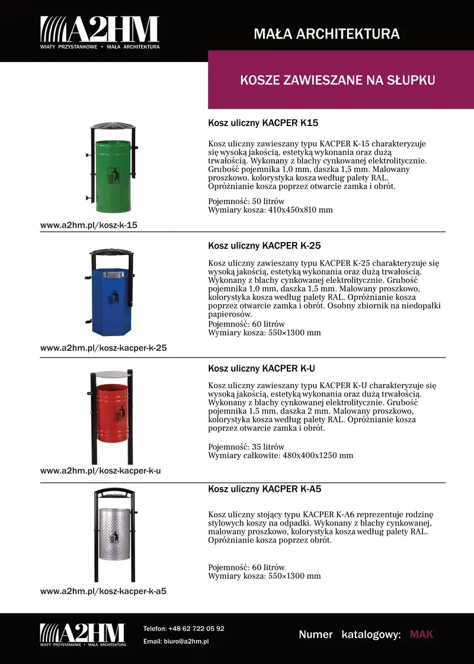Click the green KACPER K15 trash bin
point(113,175)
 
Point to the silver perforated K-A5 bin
point(116,536)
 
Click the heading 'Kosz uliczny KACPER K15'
point(263,124)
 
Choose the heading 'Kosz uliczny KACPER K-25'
point(264,246)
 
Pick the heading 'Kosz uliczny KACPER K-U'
point(261,368)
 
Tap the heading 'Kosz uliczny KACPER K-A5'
point(264,489)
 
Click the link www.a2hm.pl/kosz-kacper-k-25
point(103,348)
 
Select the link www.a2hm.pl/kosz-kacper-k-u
point(100,471)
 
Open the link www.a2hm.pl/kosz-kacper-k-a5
point(103,591)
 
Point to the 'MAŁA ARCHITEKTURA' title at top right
point(326,34)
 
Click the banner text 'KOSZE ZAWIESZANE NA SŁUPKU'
point(338,80)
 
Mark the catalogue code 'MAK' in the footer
point(421,635)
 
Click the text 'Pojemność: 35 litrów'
point(246,447)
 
